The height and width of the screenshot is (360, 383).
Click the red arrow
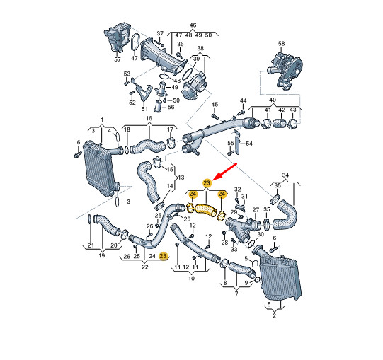click(227, 171)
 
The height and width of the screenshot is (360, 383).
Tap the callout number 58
click(281, 44)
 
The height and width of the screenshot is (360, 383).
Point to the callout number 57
click(118, 59)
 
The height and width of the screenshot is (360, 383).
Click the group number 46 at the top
click(193, 25)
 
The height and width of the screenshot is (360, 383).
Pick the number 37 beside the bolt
click(160, 33)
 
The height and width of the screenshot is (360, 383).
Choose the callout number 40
click(273, 100)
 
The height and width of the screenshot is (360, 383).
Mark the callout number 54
click(249, 144)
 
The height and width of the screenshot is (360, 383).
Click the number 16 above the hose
click(149, 118)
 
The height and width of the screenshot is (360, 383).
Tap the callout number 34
click(285, 175)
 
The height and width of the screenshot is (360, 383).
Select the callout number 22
click(145, 267)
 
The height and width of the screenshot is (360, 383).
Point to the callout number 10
click(191, 278)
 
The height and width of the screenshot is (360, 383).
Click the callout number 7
click(236, 294)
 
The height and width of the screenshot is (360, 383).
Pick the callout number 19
click(102, 255)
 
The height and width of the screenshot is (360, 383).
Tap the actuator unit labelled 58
click(285, 70)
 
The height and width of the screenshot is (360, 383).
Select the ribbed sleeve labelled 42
click(280, 123)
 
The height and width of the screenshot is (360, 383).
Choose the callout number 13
click(181, 178)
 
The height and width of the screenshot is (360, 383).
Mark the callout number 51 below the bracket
click(144, 109)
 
